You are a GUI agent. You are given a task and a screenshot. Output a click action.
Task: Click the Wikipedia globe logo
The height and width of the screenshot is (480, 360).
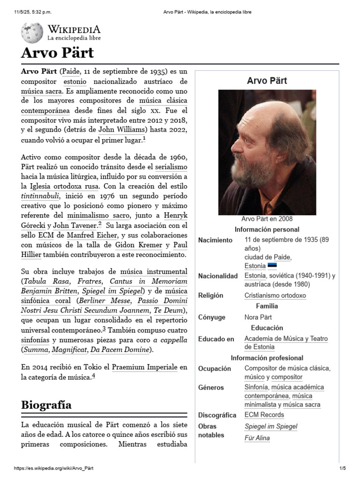32,32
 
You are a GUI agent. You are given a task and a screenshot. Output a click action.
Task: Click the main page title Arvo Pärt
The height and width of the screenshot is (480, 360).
57,52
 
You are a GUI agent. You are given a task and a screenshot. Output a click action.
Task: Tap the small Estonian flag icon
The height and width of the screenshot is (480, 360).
272,266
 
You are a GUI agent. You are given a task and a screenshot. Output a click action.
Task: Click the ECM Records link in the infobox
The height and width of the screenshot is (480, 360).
264,415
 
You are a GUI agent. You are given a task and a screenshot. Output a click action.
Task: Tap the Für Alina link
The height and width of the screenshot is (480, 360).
257,438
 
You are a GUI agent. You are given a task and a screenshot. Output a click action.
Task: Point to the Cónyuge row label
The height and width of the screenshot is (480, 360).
211,317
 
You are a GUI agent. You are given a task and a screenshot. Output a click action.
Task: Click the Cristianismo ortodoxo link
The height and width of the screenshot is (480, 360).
275,295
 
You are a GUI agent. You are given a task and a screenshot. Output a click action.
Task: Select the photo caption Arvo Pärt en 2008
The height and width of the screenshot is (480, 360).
267,219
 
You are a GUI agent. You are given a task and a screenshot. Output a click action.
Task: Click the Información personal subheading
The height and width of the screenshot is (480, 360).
267,230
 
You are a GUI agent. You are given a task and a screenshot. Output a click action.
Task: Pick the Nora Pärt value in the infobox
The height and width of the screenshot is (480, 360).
258,317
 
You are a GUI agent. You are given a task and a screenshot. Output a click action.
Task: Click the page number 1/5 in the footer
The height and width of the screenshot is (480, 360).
342,468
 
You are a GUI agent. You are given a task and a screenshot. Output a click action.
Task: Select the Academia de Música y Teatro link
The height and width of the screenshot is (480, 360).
286,338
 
